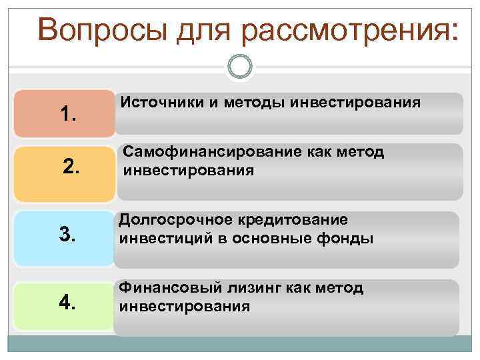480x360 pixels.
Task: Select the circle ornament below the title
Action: (240, 67)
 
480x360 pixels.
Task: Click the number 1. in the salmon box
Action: (68, 115)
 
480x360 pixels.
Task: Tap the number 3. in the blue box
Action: (68, 234)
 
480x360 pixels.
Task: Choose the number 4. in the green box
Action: (67, 303)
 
